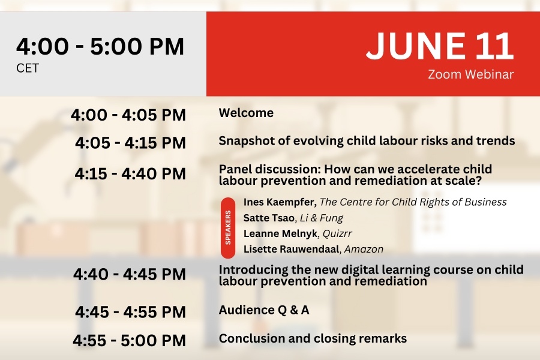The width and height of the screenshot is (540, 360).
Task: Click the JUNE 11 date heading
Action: tap(440, 46)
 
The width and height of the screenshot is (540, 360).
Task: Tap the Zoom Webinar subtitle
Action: tap(471, 74)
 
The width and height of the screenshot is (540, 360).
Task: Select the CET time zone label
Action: tap(28, 68)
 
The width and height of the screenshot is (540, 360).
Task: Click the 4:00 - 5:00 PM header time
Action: tap(100, 46)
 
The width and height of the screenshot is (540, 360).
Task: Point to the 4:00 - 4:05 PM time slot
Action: tap(128, 115)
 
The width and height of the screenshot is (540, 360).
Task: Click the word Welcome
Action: tap(246, 113)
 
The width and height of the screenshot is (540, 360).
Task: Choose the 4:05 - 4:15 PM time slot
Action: tap(131, 143)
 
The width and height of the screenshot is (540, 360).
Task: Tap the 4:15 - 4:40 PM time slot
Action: tap(130, 173)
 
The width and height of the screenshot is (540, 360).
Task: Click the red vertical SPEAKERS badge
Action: tap(228, 228)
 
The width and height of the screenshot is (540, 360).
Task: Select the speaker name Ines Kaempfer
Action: tap(280, 202)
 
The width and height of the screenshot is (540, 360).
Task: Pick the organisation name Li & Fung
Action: tap(322, 218)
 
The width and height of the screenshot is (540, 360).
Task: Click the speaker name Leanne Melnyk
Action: tap(280, 233)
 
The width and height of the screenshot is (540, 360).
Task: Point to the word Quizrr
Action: tap(337, 233)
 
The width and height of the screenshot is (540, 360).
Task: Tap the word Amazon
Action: tap(364, 249)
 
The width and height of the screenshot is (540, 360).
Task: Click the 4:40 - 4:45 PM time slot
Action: tap(130, 274)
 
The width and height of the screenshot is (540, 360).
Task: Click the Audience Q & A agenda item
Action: tap(264, 310)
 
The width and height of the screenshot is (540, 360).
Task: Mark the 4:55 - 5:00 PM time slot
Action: tap(129, 340)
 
